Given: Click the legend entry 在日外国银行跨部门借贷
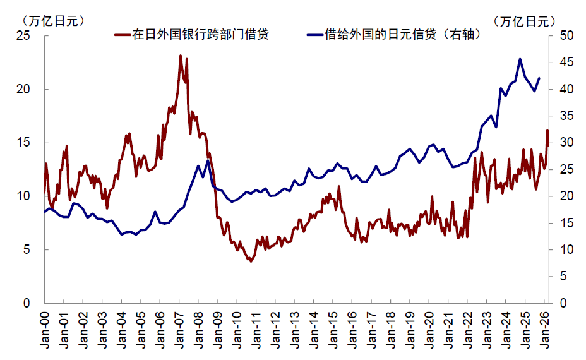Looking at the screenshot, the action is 192,34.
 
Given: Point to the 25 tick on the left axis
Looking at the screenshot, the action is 23,35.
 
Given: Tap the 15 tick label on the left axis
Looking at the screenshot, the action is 23,143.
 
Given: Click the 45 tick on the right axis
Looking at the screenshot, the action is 566,62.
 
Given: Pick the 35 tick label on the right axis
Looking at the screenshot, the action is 566,116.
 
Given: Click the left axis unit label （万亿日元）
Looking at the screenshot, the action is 53,21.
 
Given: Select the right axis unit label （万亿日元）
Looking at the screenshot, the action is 524,21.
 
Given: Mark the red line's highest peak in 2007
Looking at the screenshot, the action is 181,56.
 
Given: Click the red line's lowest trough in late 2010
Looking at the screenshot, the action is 251,261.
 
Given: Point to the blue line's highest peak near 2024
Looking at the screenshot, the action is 520,59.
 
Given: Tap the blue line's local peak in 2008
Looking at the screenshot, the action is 208,160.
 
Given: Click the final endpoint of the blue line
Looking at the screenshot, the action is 539,78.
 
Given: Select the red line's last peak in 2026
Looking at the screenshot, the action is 547,130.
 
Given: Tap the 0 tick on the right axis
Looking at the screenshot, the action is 563,303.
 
